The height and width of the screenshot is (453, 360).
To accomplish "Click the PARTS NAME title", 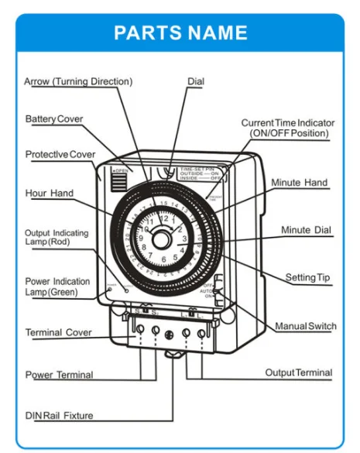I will pos(180,33).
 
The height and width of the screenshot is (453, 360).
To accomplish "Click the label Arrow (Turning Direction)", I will pos(78,81).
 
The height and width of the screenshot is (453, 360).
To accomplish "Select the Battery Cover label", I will pos(54,119).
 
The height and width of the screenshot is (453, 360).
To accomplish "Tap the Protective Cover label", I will pos(60,154).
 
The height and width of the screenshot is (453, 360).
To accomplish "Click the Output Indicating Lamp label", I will pos(57,238).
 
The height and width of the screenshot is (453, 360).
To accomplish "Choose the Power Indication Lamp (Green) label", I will pos(57,287).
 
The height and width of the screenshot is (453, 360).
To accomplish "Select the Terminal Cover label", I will pos(58,332).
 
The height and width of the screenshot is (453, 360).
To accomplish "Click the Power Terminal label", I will pos(59,375).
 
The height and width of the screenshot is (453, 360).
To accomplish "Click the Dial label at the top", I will pos(196,81).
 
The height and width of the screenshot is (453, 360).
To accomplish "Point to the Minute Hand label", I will pos(299,183).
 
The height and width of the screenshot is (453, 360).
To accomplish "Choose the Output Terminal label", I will pos(298,372).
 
